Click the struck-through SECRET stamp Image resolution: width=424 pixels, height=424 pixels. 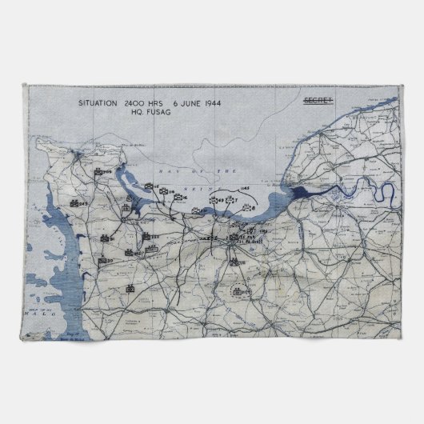pos(318,102)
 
